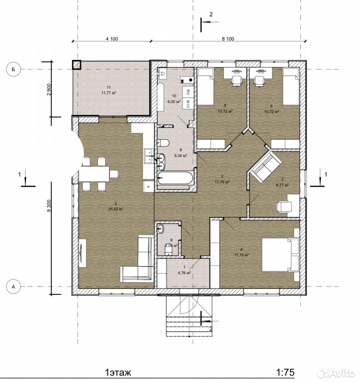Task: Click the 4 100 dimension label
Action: tap(112, 39)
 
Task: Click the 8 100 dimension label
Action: tap(228, 39)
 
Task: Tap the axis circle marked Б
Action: tap(14, 69)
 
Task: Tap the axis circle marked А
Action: tap(14, 287)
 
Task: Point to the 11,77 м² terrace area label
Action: tap(108, 93)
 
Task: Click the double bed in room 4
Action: tap(280, 255)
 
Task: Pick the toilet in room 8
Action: tap(163, 143)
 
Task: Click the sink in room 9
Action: tap(161, 229)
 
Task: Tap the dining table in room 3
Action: tap(94, 174)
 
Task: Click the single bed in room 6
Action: tap(291, 87)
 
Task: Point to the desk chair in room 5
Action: tap(236, 81)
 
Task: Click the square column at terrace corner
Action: tap(77, 65)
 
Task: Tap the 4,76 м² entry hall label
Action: tap(184, 272)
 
